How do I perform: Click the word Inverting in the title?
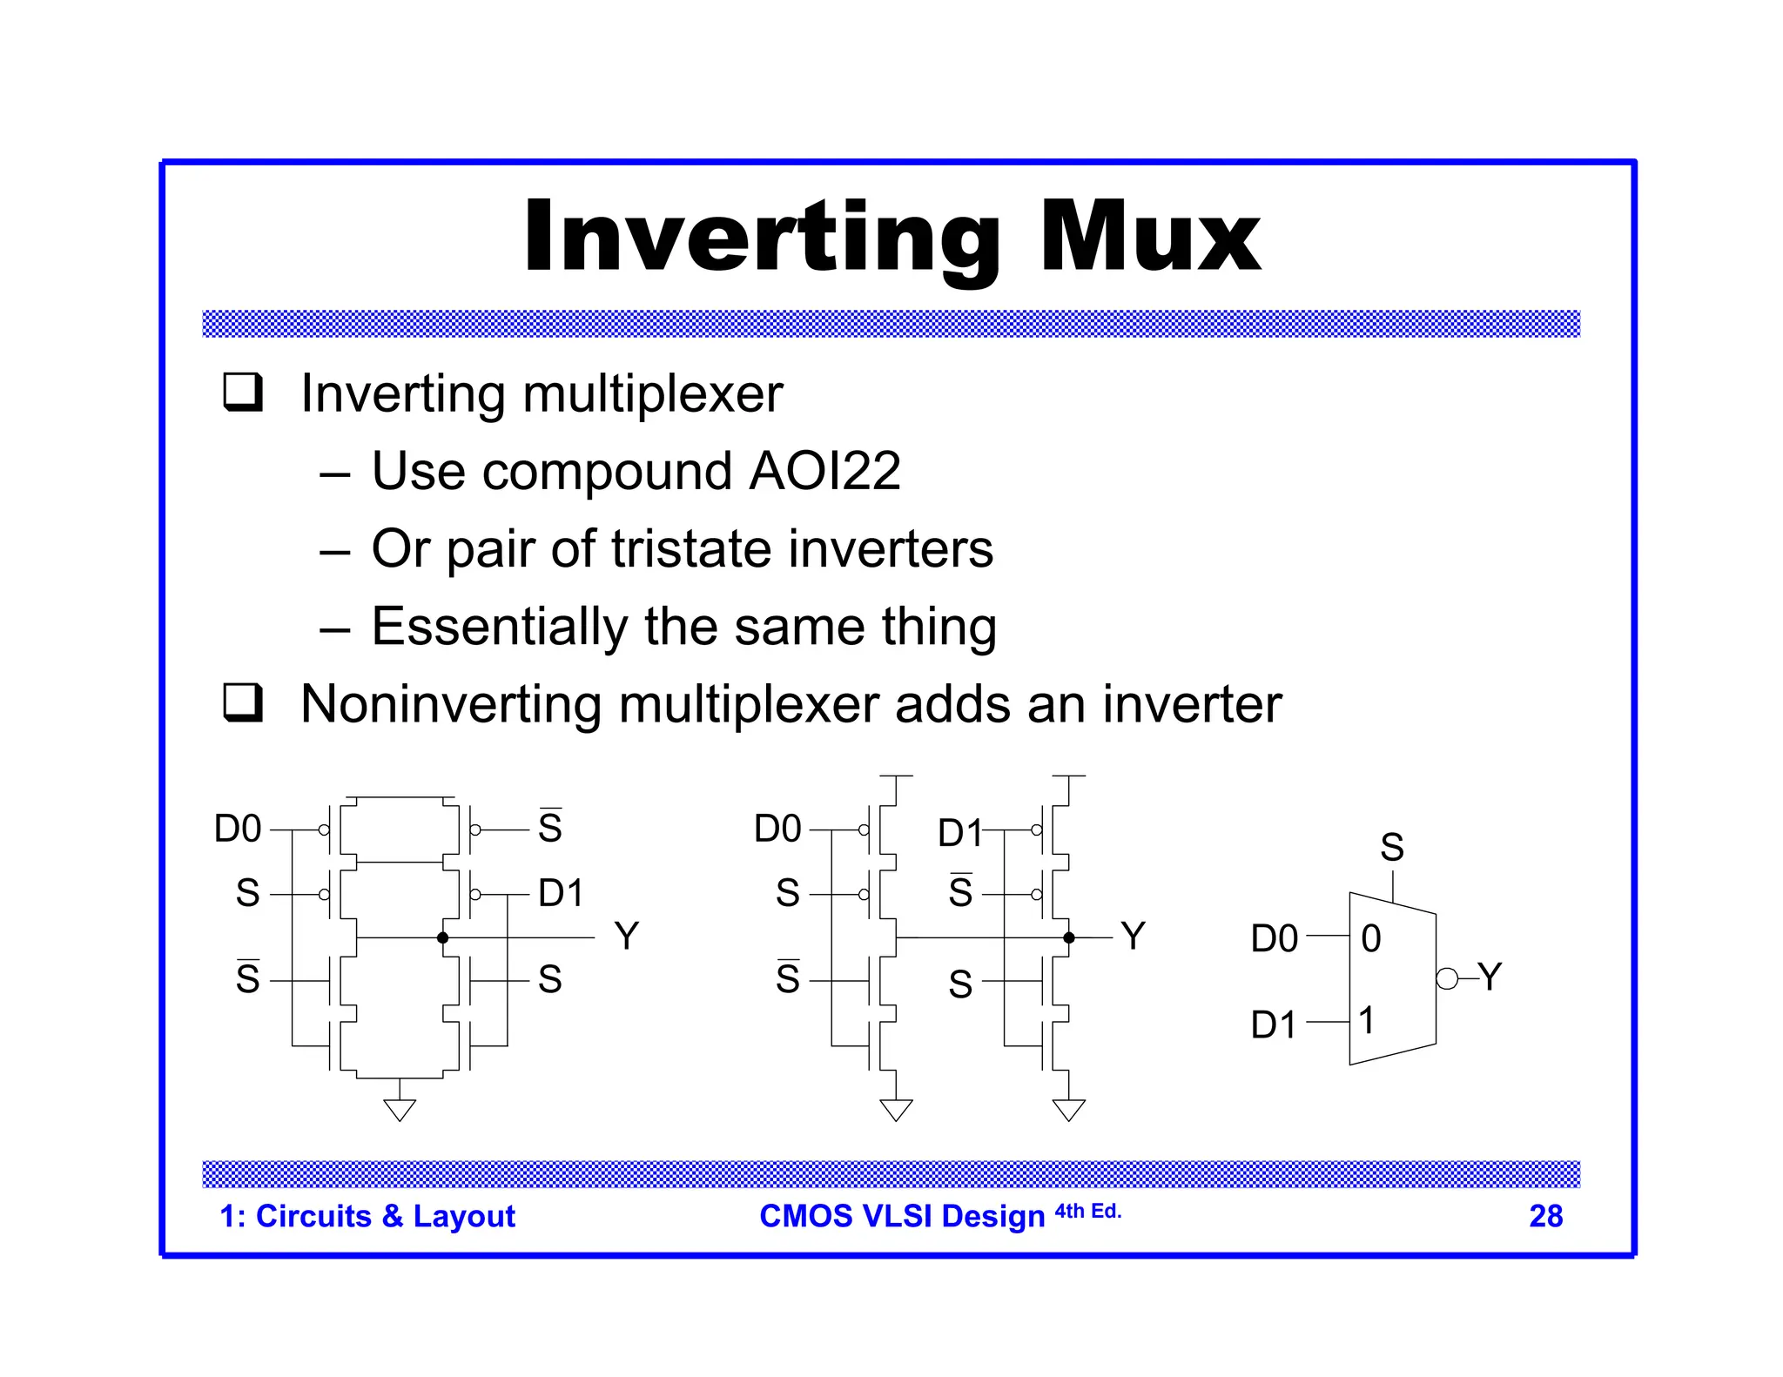click(x=762, y=237)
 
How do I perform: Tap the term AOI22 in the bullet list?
click(x=824, y=471)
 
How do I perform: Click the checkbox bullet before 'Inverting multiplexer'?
click(x=242, y=392)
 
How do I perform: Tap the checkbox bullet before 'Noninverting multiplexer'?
click(x=242, y=702)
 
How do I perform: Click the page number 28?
click(x=1545, y=1216)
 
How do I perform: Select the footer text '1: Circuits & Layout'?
click(x=367, y=1216)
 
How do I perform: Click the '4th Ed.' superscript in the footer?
click(x=1087, y=1211)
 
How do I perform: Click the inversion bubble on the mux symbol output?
click(x=1446, y=978)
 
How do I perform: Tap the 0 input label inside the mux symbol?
click(x=1370, y=938)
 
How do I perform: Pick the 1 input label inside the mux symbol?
click(x=1367, y=1020)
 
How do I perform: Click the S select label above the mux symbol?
click(x=1392, y=847)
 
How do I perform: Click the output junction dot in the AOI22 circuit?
click(x=443, y=937)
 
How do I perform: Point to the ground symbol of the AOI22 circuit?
click(x=400, y=1109)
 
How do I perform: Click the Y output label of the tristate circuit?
click(x=1133, y=937)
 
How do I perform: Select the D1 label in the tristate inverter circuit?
click(x=959, y=833)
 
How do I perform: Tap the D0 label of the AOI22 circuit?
click(x=238, y=829)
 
